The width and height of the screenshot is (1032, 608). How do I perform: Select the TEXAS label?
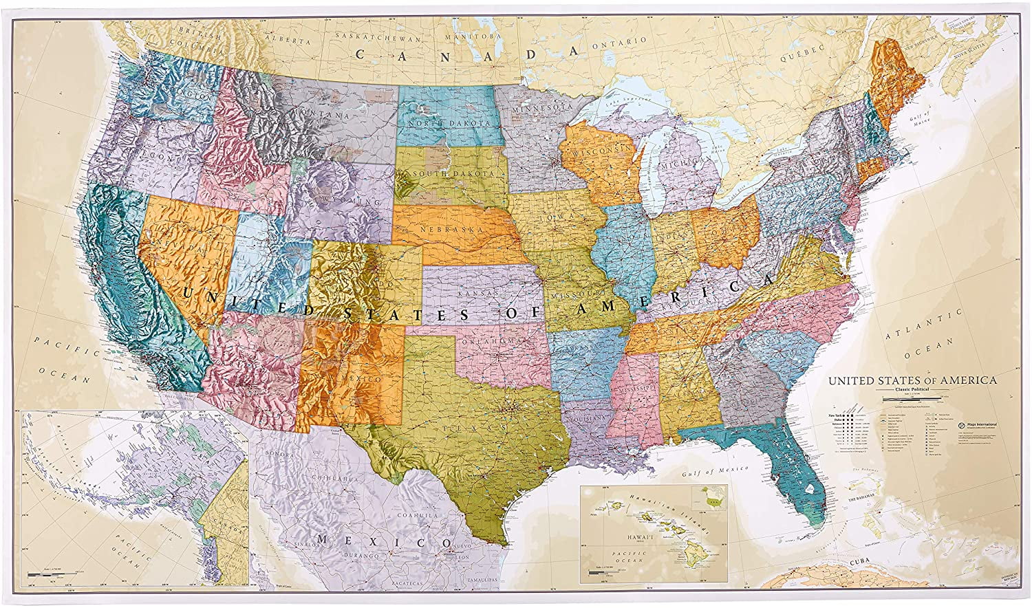471,426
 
